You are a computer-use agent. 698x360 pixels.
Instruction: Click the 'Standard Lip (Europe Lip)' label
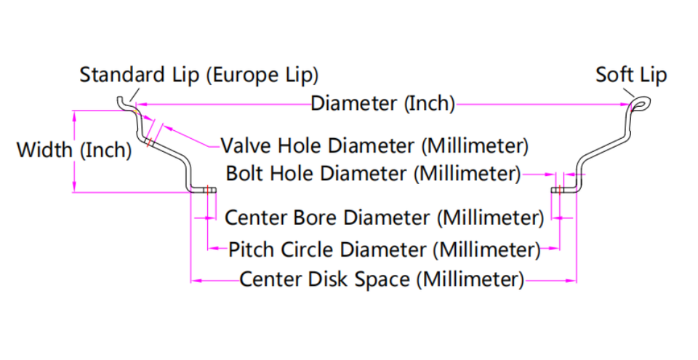point(198,75)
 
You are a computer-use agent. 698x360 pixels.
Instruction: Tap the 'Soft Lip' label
point(630,75)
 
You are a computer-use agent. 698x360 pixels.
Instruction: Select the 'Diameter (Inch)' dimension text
point(382,104)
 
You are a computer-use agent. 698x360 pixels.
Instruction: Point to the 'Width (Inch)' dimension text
point(73,151)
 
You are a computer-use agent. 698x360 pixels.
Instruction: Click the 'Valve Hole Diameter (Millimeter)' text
point(374,145)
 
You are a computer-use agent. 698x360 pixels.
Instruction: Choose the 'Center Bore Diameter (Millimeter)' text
point(385,217)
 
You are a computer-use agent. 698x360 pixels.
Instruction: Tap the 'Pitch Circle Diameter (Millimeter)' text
point(385,250)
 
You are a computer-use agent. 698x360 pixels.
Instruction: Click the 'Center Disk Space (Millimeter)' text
point(382,279)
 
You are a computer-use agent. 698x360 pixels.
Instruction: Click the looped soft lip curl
point(640,106)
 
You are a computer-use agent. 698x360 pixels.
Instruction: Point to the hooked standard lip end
point(124,103)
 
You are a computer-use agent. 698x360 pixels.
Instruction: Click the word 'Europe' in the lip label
point(250,75)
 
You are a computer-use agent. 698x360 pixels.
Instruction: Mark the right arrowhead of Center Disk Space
point(572,279)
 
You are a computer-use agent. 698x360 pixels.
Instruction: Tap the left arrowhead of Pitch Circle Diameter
point(212,249)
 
